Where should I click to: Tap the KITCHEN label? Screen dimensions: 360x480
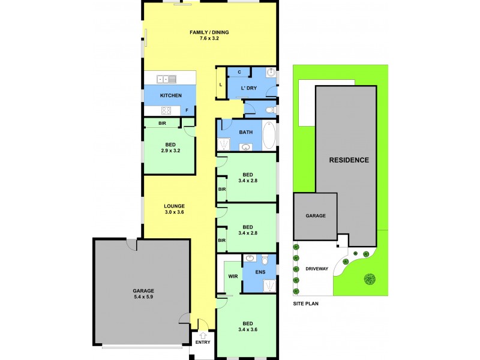170,96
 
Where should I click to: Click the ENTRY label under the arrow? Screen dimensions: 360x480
203,343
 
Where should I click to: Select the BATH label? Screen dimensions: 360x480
246,132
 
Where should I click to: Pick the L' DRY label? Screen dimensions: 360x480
248,88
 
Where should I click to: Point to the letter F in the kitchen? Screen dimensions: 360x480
187,110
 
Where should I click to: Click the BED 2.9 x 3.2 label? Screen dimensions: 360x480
170,148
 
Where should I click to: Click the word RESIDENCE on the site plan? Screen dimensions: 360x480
349,160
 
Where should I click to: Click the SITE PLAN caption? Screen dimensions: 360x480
305,304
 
